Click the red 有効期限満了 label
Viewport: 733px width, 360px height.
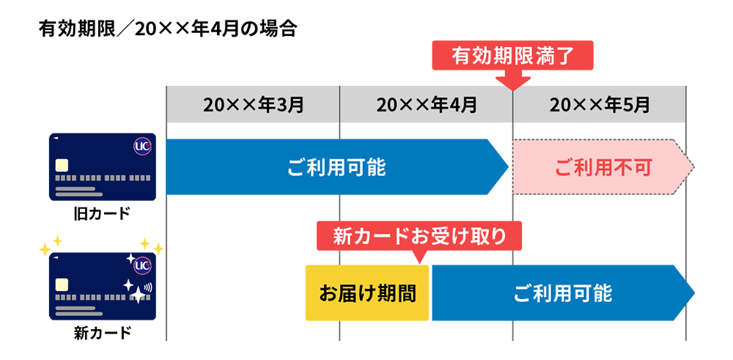pos(512,56)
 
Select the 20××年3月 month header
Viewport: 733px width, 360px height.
pos(254,105)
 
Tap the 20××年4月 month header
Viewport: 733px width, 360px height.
pos(427,105)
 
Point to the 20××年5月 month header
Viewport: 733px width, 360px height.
pos(600,105)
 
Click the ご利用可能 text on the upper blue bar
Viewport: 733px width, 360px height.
pos(336,169)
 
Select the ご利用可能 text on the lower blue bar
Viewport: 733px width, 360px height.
pos(562,295)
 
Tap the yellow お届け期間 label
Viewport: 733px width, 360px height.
pos(367,295)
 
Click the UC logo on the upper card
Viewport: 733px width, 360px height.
pos(142,147)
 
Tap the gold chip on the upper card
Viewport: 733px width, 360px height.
pos(62,164)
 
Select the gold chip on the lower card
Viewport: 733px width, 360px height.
pos(62,284)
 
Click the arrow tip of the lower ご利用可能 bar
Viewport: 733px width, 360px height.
pos(689,295)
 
